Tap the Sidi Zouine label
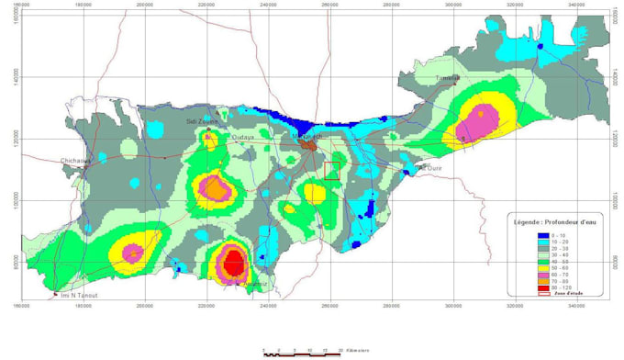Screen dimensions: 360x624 coord(203,120)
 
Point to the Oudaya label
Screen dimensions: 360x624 coord(243,137)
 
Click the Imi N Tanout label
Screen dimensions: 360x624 coord(78,295)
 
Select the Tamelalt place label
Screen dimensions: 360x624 coord(448,79)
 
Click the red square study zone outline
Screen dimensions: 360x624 coord(331,170)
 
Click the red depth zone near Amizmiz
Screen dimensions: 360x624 coord(233,264)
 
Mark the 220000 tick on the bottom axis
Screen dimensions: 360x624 coord(206,305)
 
